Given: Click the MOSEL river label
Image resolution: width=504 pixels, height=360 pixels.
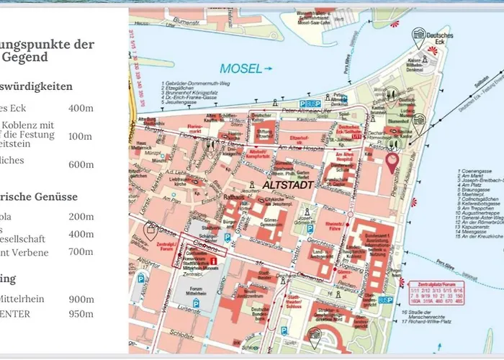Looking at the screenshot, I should point(240,69).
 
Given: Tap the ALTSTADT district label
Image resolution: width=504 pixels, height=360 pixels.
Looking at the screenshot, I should point(287,185).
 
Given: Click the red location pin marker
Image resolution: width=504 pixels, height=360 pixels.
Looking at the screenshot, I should point(392,163).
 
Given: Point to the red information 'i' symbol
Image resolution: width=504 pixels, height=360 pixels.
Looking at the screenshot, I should point(213,270).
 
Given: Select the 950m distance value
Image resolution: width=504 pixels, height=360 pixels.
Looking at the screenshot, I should point(81,314).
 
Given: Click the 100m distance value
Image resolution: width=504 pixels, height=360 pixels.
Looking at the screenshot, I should point(81,136).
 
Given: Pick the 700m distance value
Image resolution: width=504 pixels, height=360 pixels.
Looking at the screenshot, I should point(81,251).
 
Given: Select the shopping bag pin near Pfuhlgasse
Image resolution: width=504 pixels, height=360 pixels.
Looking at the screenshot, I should point(151,230).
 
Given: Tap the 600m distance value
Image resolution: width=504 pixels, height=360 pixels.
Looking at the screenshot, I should point(81,164).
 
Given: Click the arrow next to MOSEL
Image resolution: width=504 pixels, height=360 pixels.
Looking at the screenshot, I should point(269,69).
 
